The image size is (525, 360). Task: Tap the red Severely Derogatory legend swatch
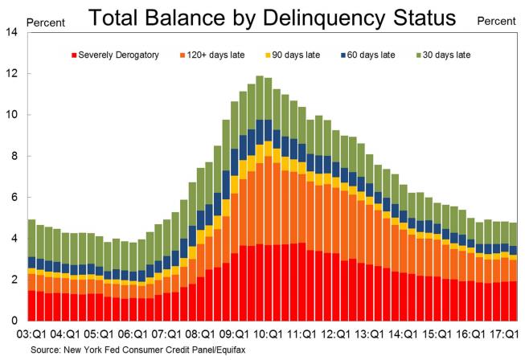click(x=75, y=55)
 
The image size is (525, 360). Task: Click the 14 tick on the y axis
click(x=11, y=32)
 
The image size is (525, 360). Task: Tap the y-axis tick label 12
click(x=11, y=74)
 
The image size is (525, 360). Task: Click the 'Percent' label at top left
click(x=46, y=22)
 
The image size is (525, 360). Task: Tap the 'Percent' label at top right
click(x=496, y=22)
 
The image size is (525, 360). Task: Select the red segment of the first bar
click(x=31, y=305)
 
